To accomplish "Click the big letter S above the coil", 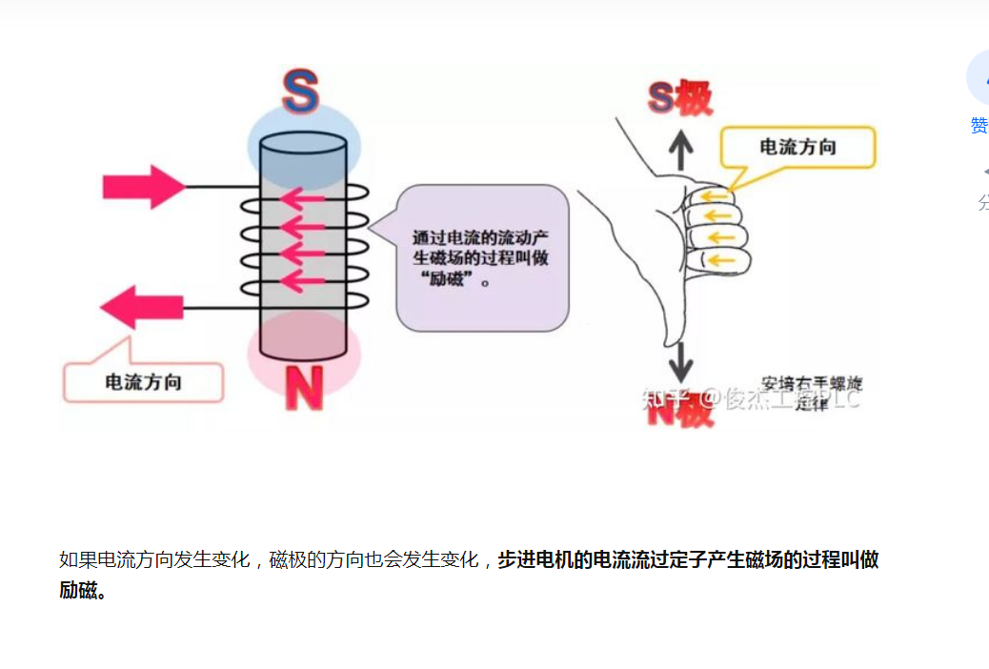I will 300,93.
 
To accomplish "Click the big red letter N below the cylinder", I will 304,389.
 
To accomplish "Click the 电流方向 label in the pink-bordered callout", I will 143,382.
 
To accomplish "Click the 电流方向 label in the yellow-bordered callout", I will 797,147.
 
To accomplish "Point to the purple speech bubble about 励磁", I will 482,257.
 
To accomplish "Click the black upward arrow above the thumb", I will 679,151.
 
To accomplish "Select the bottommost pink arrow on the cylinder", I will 303,280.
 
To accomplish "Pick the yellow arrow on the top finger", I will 712,198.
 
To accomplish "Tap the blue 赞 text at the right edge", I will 979,125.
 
